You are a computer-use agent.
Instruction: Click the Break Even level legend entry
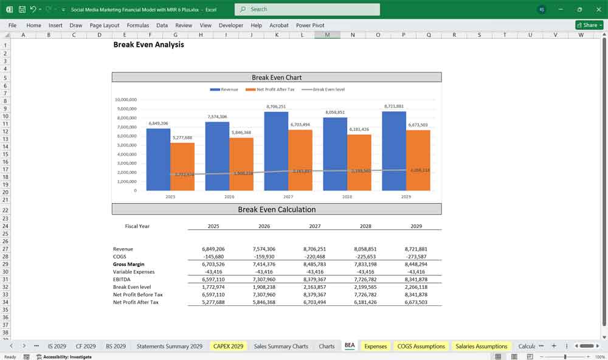coord(328,89)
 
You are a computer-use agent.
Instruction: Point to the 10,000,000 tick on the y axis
coord(126,100)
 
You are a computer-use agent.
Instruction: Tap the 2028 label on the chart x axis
coord(347,197)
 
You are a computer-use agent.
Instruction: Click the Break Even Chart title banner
coord(277,77)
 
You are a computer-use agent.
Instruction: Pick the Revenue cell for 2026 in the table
coord(264,249)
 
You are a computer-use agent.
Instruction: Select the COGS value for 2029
coord(416,257)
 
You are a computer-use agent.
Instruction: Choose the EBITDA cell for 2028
coord(365,280)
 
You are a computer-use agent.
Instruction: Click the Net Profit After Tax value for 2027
coord(315,302)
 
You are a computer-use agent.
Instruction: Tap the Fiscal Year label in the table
coord(137,226)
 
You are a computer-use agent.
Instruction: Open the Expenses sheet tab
coord(375,346)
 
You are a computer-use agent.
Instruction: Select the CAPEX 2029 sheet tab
coord(228,346)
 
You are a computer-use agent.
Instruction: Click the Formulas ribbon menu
coord(137,26)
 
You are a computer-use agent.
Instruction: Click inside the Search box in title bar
coord(307,9)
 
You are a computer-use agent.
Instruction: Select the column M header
coord(327,35)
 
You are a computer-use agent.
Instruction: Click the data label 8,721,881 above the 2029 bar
coord(394,106)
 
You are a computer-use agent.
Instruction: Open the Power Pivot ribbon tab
coord(310,26)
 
